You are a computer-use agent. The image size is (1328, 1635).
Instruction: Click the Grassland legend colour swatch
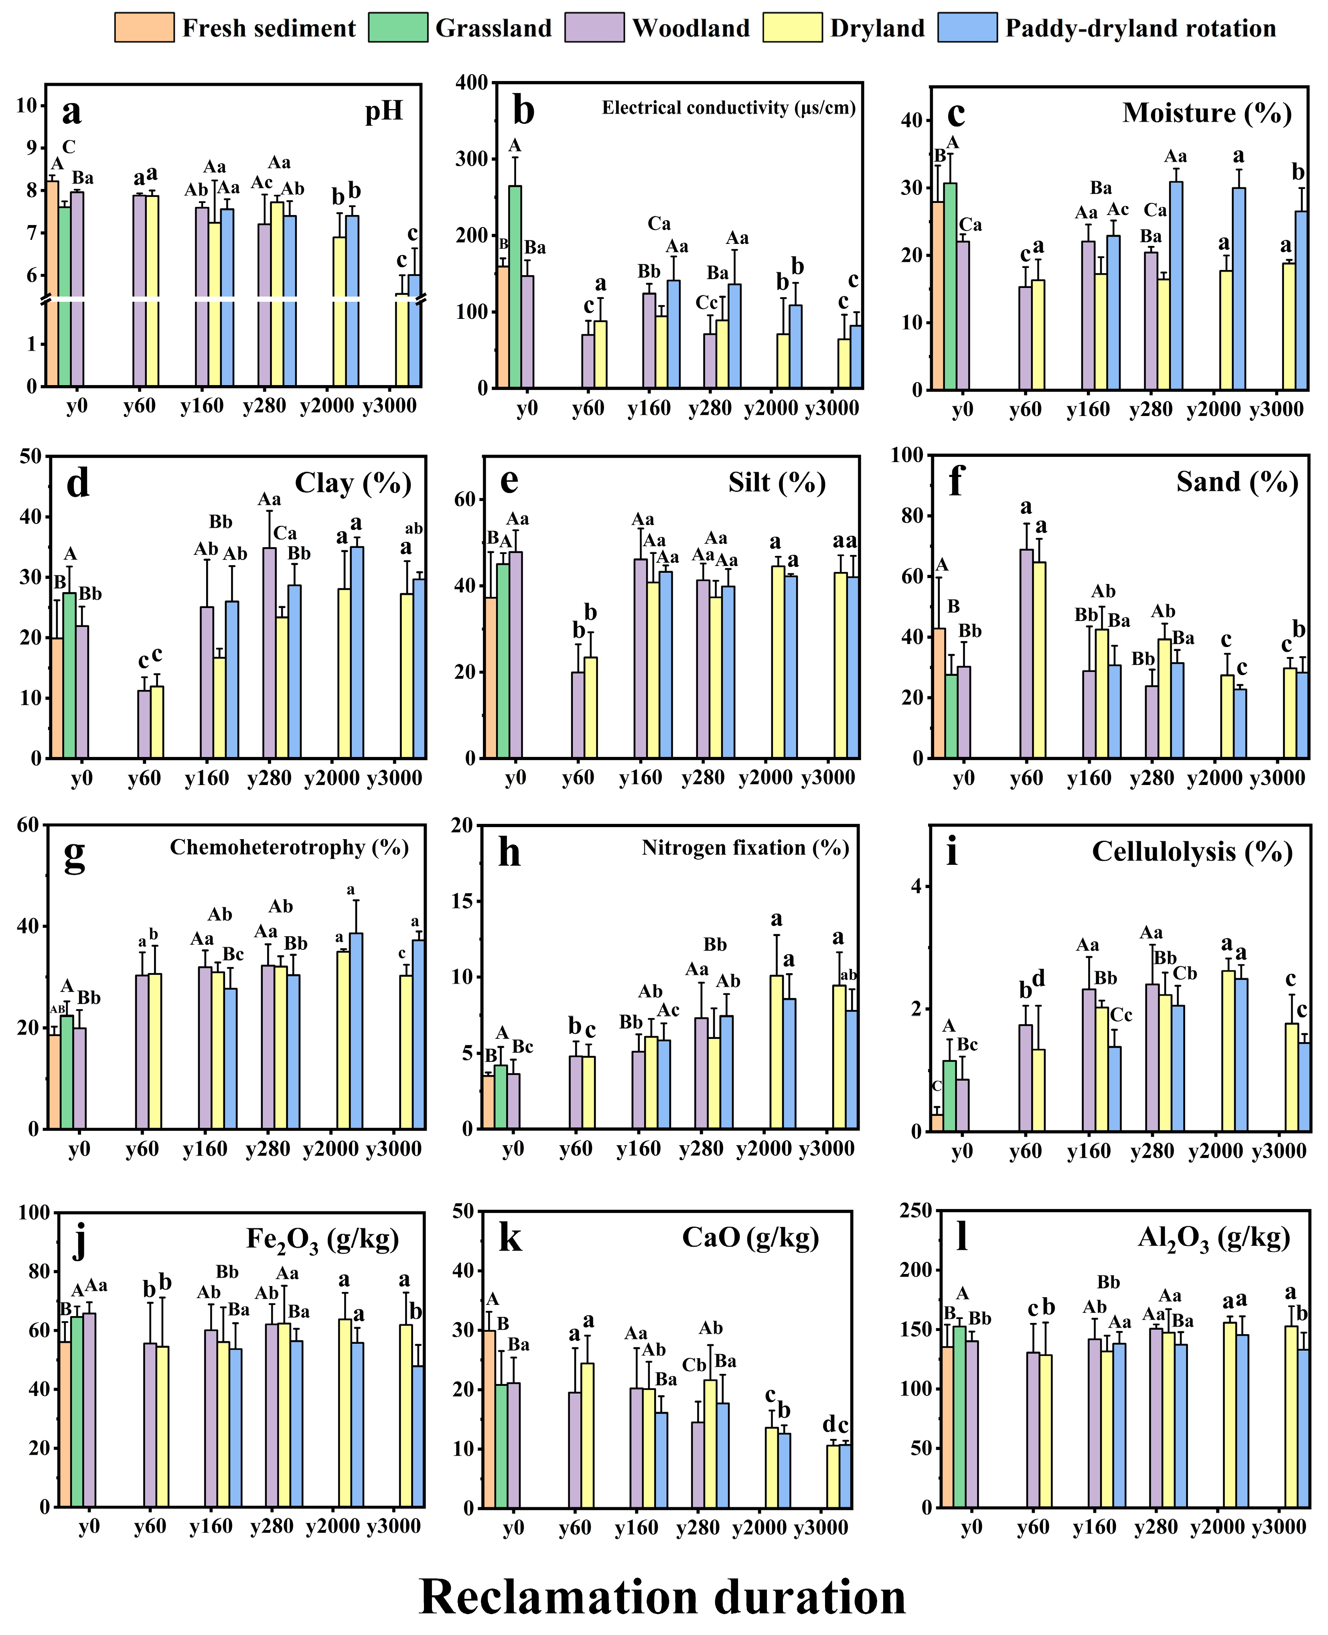click(398, 28)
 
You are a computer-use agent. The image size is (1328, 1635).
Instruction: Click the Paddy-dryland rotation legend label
click(1140, 29)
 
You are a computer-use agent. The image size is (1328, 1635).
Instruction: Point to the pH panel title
click(384, 112)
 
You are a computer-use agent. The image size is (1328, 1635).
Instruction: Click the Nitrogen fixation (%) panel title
click(745, 848)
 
